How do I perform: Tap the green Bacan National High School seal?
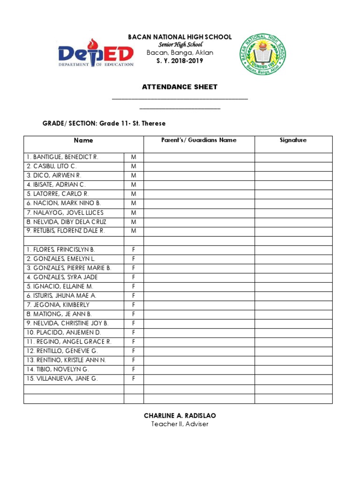pos(262,54)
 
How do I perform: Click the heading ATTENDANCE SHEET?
pos(180,87)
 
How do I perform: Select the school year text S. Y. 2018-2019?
pos(180,61)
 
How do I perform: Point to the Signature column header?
pos(293,140)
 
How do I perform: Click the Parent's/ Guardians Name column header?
pos(199,140)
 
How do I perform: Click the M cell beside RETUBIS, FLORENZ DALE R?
pos(134,231)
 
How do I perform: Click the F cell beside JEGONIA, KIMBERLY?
pos(134,305)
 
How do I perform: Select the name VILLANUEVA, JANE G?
pos(62,378)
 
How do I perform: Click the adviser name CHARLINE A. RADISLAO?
pos(180,416)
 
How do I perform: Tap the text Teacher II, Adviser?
pos(180,424)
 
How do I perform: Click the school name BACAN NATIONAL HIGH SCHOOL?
pos(180,37)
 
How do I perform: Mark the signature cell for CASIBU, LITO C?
pos(293,166)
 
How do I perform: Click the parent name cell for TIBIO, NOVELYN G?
pos(199,369)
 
